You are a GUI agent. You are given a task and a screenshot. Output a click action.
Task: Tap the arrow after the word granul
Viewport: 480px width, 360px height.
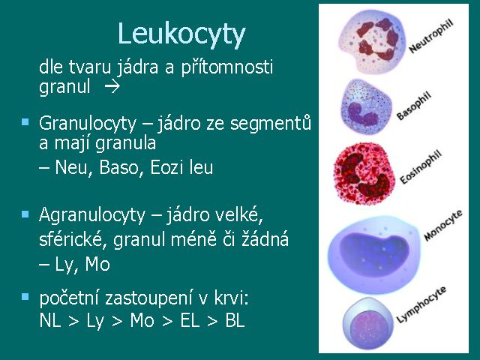point(112,87)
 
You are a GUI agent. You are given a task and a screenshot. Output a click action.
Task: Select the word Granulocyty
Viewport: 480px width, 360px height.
point(88,124)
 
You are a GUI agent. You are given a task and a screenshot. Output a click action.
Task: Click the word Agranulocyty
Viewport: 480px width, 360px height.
point(92,215)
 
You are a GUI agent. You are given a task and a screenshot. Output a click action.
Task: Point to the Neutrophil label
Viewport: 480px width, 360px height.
point(431,37)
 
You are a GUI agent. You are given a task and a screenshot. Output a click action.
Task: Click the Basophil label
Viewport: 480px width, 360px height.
point(414,106)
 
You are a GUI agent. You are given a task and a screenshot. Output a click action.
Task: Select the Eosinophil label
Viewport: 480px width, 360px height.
point(421,167)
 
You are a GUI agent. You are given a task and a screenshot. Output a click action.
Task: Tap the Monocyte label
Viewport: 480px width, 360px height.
point(443,225)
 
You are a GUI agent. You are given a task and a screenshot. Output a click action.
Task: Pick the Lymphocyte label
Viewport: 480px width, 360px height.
point(421,304)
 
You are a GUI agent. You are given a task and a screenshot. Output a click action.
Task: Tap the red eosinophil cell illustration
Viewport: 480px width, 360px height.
point(363,173)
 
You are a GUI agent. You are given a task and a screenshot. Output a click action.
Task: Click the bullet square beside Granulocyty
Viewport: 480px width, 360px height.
point(25,122)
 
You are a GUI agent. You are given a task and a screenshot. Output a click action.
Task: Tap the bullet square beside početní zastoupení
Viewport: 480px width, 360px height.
point(25,297)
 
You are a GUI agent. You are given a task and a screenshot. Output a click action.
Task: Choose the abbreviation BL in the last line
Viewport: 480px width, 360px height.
point(235,321)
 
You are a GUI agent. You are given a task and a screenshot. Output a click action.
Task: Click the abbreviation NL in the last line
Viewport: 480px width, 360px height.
point(50,321)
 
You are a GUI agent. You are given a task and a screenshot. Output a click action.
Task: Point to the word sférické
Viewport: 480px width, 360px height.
point(70,239)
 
